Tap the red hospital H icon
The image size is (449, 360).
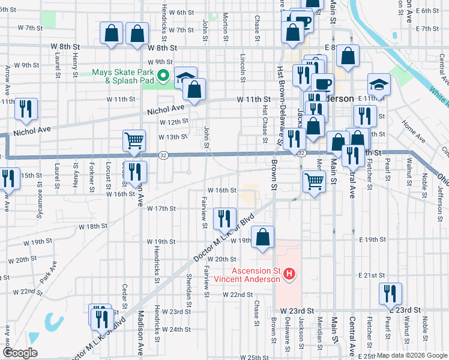tap(290, 275)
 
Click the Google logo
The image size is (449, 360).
tap(20, 353)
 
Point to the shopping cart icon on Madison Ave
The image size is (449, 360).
tap(134, 141)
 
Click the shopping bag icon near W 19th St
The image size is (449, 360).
tap(262, 237)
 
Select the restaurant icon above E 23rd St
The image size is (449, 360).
tap(391, 294)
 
